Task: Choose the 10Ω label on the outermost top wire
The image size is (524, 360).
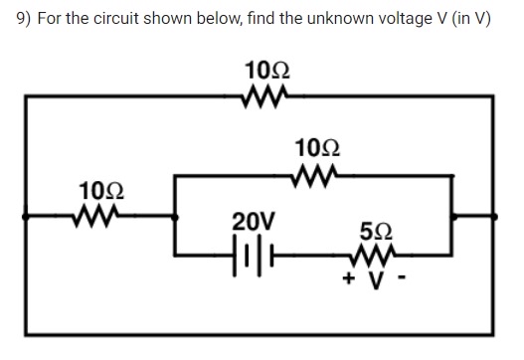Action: (x=266, y=72)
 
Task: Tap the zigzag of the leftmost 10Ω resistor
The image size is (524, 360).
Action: (x=97, y=213)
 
